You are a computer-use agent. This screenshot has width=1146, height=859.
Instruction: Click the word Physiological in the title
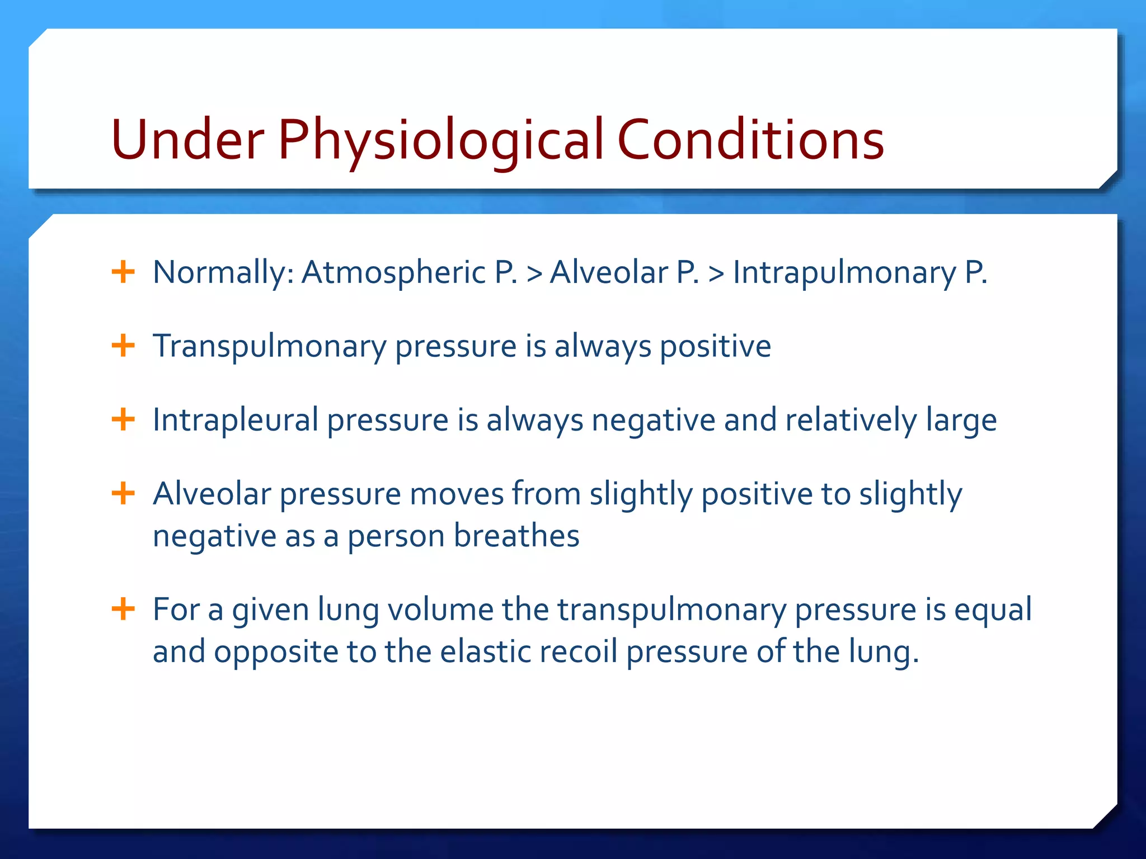coord(440,140)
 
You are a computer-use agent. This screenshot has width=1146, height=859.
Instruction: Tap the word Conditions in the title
coord(750,140)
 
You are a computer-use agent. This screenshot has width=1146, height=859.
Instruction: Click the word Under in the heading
coord(187,140)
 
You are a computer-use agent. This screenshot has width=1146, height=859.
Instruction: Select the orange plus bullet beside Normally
coord(123,272)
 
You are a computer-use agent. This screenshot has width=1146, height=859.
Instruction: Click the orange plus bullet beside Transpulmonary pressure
coord(123,346)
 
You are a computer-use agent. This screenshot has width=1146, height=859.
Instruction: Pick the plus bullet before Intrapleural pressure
coord(123,419)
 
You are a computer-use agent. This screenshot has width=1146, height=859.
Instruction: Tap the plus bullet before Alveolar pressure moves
coord(123,494)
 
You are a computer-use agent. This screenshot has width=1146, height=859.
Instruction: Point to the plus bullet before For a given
coord(123,609)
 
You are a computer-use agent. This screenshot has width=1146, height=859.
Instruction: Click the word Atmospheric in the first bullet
coord(394,272)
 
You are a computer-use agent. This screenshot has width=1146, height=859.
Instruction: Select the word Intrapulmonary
coord(844,272)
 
